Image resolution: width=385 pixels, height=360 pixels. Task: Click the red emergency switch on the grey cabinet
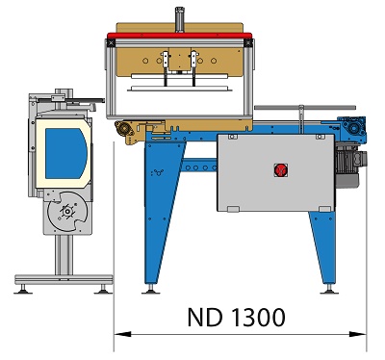[280, 170]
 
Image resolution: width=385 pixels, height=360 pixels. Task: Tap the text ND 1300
[236, 318]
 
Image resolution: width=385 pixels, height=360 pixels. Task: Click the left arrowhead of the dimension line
[122, 334]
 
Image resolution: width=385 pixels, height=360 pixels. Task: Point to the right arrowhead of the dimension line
[358, 334]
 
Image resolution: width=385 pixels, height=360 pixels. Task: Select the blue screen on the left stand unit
[65, 153]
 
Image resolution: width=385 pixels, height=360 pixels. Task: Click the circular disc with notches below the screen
[67, 212]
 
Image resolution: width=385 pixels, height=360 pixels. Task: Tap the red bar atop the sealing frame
[180, 35]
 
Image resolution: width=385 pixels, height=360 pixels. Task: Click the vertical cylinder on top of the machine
[179, 19]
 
